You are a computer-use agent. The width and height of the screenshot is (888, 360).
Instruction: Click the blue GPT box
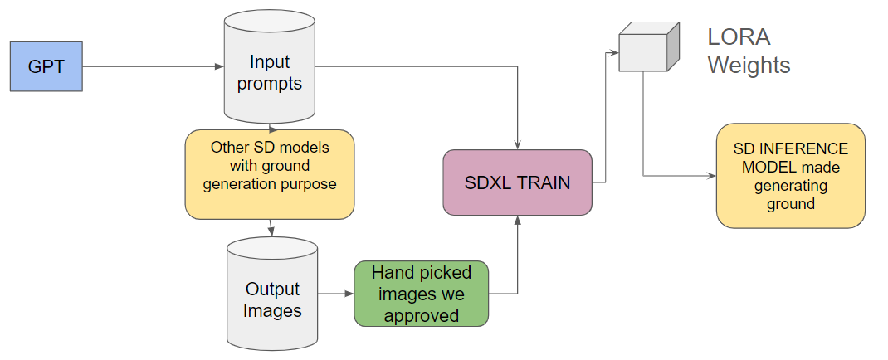click(46, 66)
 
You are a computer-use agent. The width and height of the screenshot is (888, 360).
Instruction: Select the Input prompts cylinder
click(270, 72)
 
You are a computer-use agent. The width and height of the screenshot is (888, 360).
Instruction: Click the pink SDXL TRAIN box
click(517, 182)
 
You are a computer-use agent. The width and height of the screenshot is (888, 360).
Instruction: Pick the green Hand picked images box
click(421, 294)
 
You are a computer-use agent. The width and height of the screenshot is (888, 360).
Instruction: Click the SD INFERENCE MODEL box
click(791, 175)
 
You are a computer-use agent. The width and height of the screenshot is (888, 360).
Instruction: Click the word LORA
click(739, 37)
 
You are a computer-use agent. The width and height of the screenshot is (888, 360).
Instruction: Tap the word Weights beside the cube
click(749, 65)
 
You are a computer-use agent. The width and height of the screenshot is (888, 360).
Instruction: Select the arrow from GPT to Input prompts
click(149, 66)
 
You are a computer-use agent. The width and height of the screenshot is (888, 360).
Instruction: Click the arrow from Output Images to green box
click(336, 294)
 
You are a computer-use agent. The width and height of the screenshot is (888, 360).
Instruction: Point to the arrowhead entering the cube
click(615, 53)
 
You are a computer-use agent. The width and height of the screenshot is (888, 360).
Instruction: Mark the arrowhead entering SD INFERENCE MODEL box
click(711, 176)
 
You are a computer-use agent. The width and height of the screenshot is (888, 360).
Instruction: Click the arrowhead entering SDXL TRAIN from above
click(517, 145)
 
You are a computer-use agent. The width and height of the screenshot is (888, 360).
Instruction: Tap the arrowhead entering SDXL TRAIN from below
click(517, 220)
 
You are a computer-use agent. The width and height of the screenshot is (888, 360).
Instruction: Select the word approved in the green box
click(421, 315)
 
